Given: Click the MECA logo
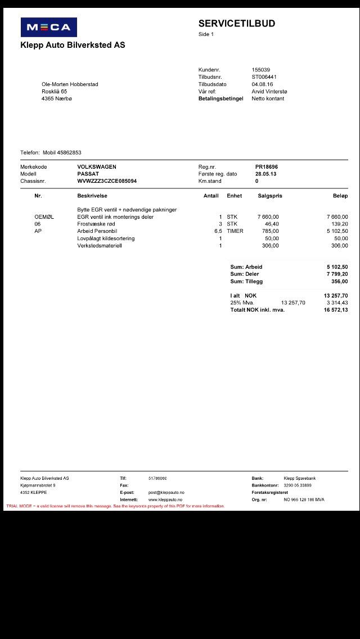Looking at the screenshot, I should coord(48,27).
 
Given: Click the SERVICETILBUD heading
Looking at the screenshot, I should coord(236,24).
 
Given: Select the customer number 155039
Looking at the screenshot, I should coord(260,70).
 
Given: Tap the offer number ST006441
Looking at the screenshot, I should coord(264,77).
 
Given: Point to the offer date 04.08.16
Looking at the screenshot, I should coord(262,84).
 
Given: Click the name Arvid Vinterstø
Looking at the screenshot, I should coord(269,92).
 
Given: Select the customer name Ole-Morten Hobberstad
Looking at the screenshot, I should coord(70,84).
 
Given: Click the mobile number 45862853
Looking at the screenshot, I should coord(69,152).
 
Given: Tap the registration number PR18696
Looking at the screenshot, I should coord(267,167).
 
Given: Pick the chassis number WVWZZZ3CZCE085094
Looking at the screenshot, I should coord(107,181).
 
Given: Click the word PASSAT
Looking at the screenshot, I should coord(88,174).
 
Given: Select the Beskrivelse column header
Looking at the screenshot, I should coord(92,196).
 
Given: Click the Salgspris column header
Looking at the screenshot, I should coord(270,196).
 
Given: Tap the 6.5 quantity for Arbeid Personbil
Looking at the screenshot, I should coord(218,231).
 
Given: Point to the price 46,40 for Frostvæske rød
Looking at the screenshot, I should coord(272,224).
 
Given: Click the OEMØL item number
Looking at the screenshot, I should coord(44,217).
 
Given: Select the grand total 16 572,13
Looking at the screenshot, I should coord(336,310).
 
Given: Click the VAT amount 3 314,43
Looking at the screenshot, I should coord(337,303).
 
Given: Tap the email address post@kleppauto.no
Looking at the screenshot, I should coord(166,492).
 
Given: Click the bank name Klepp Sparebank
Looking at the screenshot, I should coord(300,478).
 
